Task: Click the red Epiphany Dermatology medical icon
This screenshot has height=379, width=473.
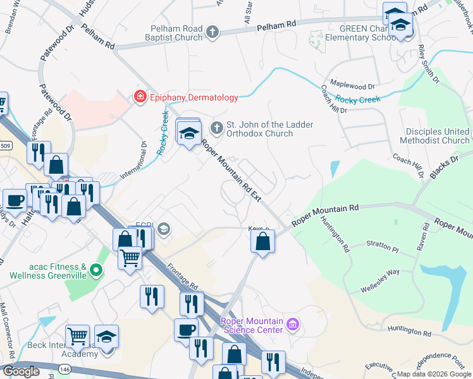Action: (138, 97)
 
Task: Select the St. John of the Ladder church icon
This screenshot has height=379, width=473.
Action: (217, 129)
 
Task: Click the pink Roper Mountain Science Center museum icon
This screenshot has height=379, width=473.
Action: (292, 325)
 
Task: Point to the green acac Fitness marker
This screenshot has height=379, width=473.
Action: (96, 272)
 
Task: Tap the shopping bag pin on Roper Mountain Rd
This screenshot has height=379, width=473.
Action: (262, 241)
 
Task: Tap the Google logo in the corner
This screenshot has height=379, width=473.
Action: (21, 371)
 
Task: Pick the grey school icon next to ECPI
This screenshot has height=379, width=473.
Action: (164, 229)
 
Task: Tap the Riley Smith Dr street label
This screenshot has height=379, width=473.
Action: (428, 63)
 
